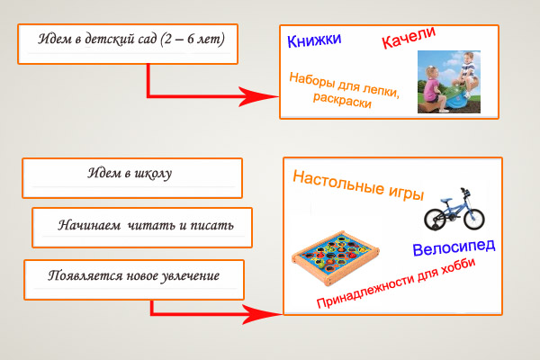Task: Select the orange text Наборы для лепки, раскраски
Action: pyautogui.click(x=343, y=88)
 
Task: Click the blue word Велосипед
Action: pyautogui.click(x=454, y=249)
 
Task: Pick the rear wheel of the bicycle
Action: pyautogui.click(x=436, y=218)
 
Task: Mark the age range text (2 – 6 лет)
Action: pyautogui.click(x=192, y=40)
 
